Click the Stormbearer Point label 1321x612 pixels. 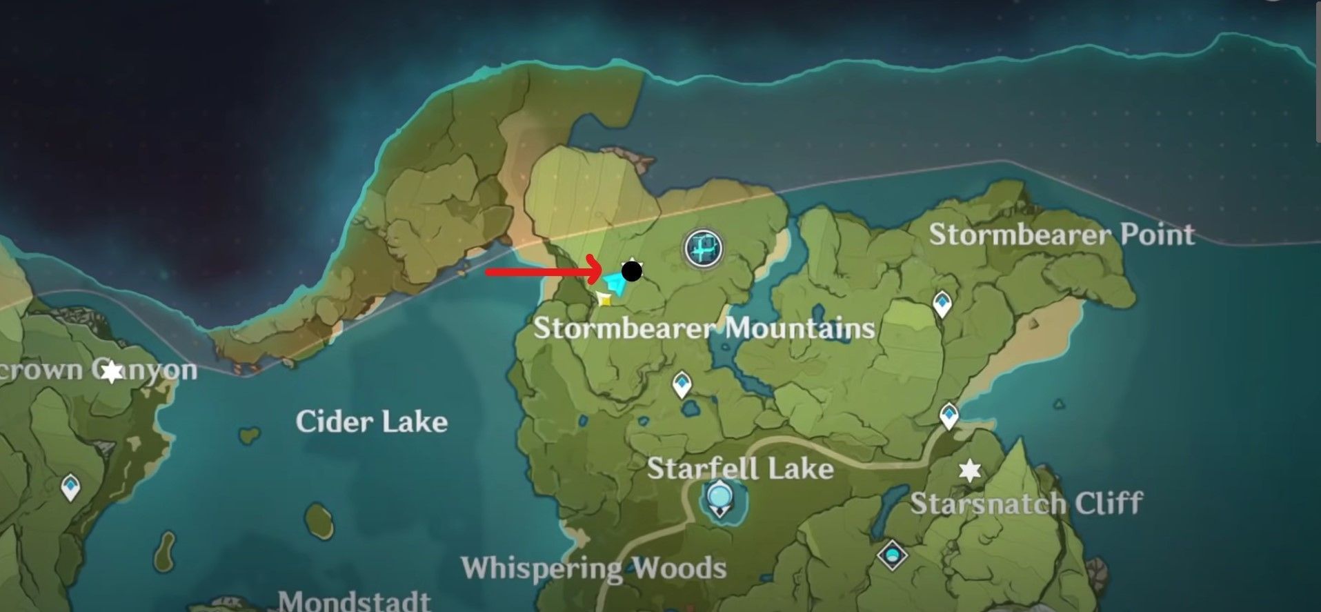pos(1062,235)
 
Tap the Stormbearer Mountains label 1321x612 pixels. pos(704,328)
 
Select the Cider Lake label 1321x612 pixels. pos(372,422)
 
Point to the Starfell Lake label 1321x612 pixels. pos(740,469)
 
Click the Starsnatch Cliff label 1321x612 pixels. pos(1026,503)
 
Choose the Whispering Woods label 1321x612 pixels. pos(594,569)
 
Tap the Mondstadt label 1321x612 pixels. pos(355,601)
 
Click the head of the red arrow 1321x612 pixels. pos(599,272)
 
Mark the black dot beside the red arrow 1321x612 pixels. pos(631,271)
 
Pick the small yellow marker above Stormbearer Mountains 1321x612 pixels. pos(604,299)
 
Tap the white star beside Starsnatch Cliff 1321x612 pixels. pos(970,471)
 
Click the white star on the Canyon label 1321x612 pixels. pos(112,373)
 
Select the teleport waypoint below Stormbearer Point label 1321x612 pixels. pos(942,304)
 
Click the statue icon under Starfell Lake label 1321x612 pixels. pos(719,499)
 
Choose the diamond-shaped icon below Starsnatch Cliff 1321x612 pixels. pos(893,555)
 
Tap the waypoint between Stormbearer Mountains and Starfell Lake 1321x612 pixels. pos(682,384)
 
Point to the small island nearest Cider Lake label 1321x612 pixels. pos(250,435)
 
